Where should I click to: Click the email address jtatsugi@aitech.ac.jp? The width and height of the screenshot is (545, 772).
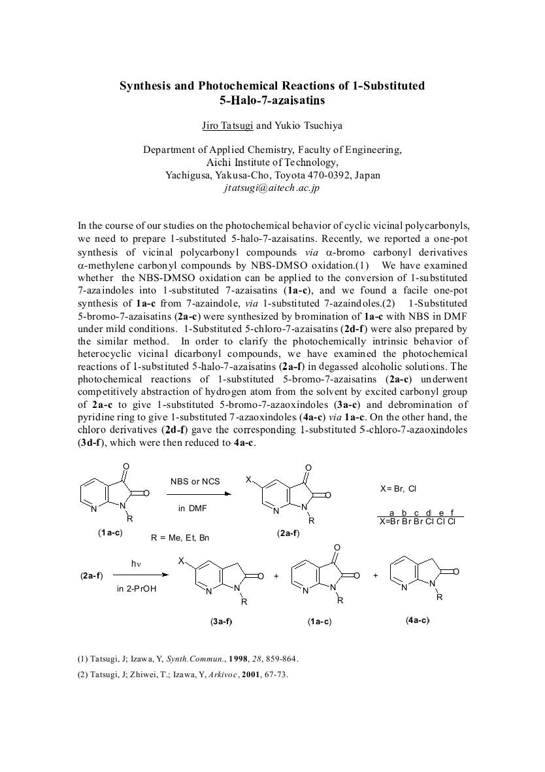271,188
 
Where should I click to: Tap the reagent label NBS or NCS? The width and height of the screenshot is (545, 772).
195,482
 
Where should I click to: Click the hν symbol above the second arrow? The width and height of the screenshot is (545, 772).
136,563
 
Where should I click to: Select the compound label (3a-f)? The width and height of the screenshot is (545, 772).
221,621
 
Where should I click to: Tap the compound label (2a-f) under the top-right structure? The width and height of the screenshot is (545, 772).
288,533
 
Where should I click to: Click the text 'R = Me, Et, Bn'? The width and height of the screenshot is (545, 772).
180,538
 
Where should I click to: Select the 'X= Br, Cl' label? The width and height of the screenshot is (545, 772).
398,488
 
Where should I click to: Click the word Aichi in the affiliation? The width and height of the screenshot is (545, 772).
220,163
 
